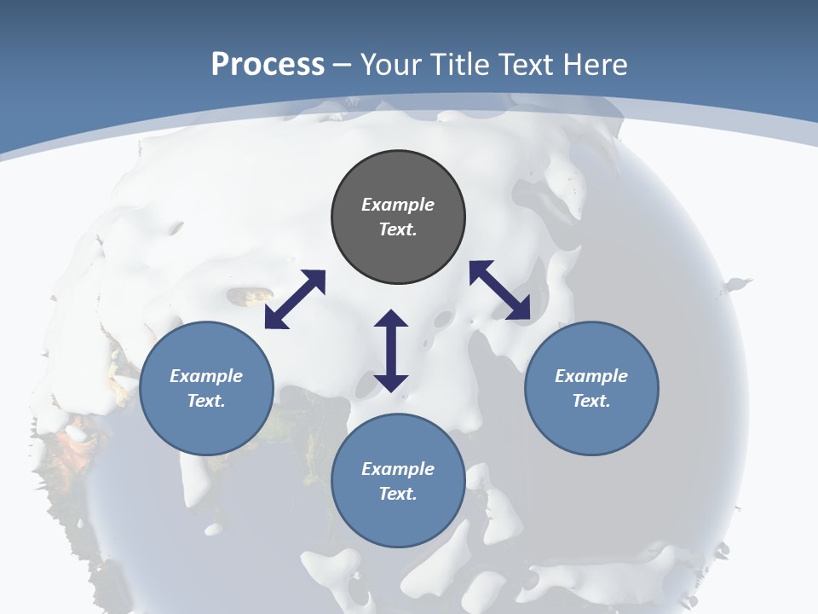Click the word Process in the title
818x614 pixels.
click(x=268, y=65)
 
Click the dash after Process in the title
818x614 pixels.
click(x=343, y=67)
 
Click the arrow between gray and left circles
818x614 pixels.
click(x=295, y=299)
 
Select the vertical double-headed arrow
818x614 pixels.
click(x=391, y=350)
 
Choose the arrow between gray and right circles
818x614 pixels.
click(x=499, y=291)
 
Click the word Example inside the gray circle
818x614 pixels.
click(x=398, y=205)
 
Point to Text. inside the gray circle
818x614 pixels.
click(x=398, y=229)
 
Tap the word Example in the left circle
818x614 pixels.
click(x=206, y=376)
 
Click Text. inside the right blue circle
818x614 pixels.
click(x=591, y=401)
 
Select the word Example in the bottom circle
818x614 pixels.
click(x=398, y=469)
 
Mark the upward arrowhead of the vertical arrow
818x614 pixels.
click(x=391, y=319)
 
